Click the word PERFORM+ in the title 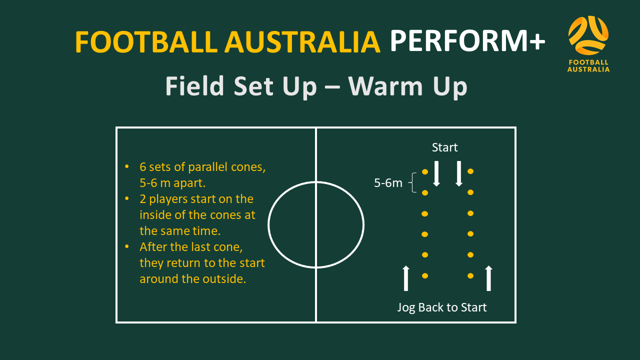click(x=467, y=41)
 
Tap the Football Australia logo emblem click(x=588, y=35)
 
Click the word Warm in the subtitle click(x=385, y=86)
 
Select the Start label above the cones click(x=444, y=147)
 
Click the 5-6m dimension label click(x=388, y=183)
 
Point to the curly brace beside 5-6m click(x=413, y=182)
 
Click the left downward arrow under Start click(x=436, y=173)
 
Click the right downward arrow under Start click(x=459, y=173)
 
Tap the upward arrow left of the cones click(x=405, y=278)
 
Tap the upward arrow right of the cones click(x=488, y=278)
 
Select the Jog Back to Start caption click(x=441, y=307)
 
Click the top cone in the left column click(x=425, y=171)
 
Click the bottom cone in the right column click(x=470, y=275)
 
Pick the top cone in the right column click(x=470, y=171)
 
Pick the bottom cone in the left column click(x=425, y=275)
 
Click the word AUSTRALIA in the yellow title click(x=302, y=42)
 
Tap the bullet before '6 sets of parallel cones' click(x=127, y=166)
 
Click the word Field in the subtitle click(x=194, y=85)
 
